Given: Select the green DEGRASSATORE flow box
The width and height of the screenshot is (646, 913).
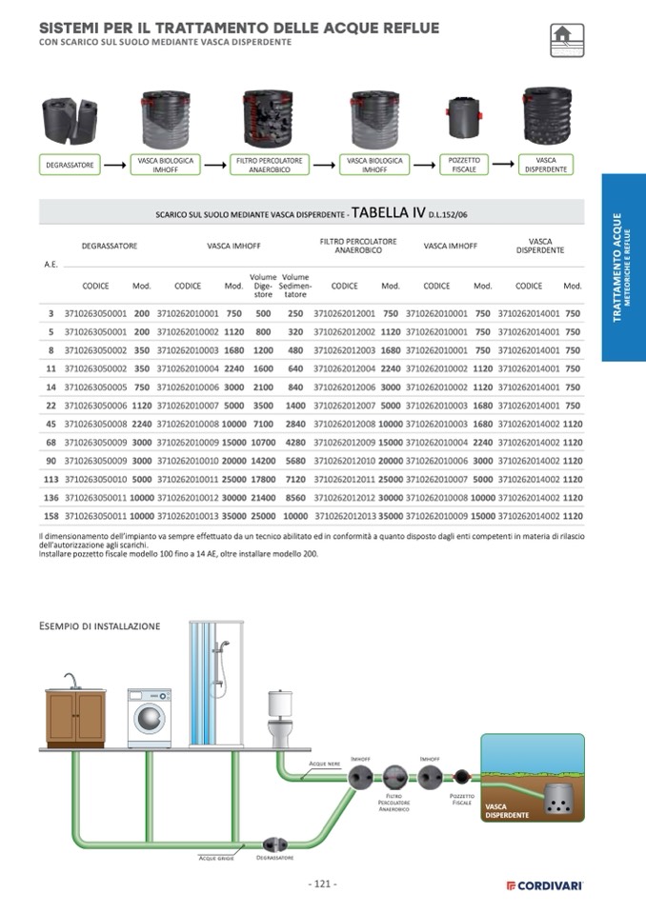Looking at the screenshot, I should pos(71,165).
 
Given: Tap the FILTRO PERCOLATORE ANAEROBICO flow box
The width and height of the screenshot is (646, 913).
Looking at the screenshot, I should pos(269,165).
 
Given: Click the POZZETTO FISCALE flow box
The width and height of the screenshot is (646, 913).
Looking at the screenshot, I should pos(464,165).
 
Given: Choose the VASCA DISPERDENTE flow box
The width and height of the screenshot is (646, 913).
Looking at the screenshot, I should pos(546,165).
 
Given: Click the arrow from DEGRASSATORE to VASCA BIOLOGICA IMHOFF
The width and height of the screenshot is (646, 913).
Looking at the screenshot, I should pos(115,166).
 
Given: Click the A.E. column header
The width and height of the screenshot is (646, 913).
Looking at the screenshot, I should pos(50,264).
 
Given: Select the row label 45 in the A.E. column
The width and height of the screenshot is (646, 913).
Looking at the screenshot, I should pos(50,424).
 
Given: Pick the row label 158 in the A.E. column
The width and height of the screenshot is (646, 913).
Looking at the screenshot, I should pos(50,516).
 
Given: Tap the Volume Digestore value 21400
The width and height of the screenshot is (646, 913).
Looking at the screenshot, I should pos(263,498).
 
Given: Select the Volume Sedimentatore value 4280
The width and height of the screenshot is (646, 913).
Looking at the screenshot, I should pos(295,442).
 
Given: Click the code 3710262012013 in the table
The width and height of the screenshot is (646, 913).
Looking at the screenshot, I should pos(344,516).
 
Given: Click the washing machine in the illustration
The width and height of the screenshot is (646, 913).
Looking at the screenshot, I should pos(151,715).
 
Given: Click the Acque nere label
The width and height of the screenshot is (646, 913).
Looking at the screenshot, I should pos(324,764).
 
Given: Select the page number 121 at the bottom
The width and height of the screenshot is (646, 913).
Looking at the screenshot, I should pos(322,883).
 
